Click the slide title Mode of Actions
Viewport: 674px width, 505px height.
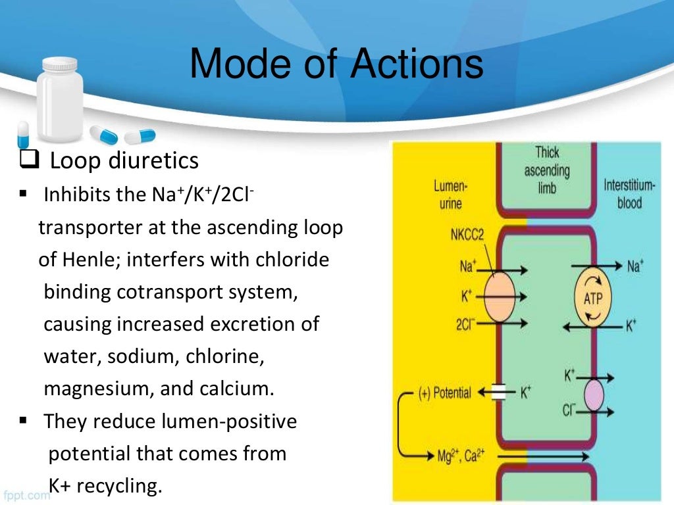point(336,66)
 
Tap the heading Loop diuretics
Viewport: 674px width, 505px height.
point(124,160)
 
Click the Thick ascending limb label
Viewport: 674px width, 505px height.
point(546,170)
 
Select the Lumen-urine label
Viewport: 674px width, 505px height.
point(450,195)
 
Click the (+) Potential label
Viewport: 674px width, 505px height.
point(446,393)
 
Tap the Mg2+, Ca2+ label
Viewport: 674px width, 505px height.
point(460,456)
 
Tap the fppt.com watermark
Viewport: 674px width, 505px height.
point(26,494)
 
